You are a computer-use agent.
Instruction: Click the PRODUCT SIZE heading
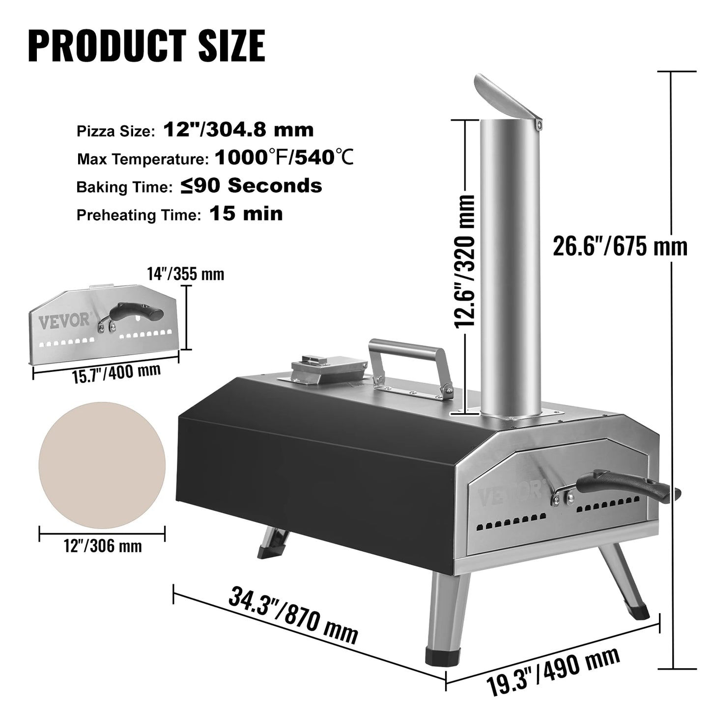click(146, 45)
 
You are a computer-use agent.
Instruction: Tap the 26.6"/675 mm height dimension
click(620, 247)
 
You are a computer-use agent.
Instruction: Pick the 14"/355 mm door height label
click(186, 273)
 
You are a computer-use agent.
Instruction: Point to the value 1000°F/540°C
click(284, 158)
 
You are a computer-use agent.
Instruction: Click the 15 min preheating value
click(246, 214)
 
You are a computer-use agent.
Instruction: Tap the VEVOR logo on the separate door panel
click(71, 322)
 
